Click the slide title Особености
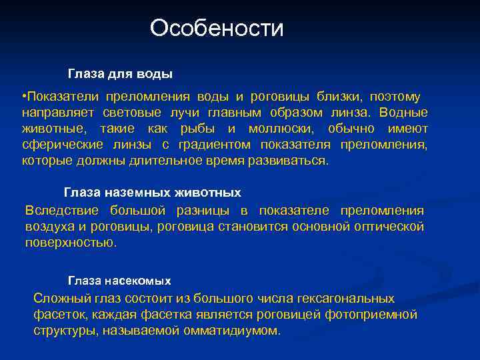217,28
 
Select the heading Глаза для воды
120,72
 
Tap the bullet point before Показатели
24,97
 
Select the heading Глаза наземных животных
152,193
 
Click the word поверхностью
70,243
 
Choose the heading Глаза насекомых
119,281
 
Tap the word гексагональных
344,299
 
